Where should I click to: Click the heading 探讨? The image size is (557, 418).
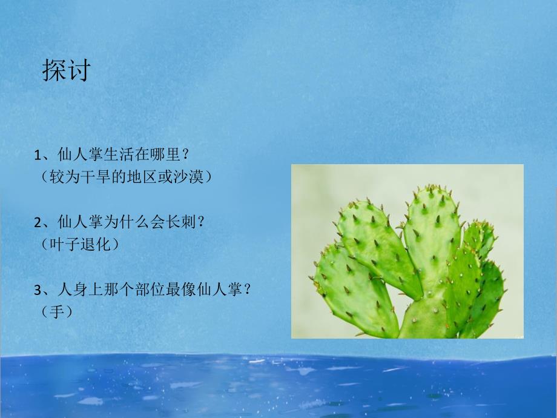(66, 70)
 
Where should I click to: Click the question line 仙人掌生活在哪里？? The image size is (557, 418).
(121, 156)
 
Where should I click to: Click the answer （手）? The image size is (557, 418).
(58, 311)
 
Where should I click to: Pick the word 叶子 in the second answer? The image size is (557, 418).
(66, 244)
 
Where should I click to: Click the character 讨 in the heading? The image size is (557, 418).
(78, 70)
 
